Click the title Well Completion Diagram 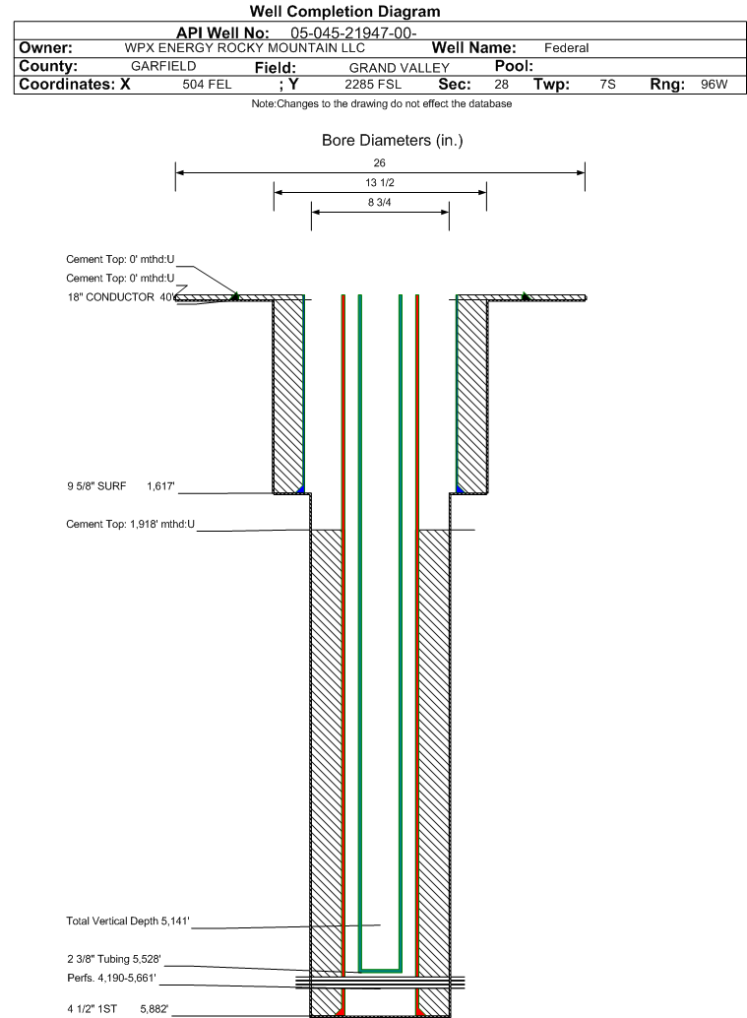(x=344, y=12)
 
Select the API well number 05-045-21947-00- (x=354, y=33)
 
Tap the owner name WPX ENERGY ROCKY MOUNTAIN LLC (x=245, y=48)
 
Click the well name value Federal (x=566, y=48)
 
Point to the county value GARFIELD (x=163, y=66)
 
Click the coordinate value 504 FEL (x=208, y=85)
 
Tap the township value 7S (x=607, y=85)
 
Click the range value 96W (x=714, y=85)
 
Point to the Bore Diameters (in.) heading (x=392, y=141)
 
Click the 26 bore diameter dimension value (x=380, y=162)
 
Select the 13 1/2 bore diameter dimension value (x=380, y=183)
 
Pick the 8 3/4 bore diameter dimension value (x=380, y=203)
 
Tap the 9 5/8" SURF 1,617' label (x=120, y=485)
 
